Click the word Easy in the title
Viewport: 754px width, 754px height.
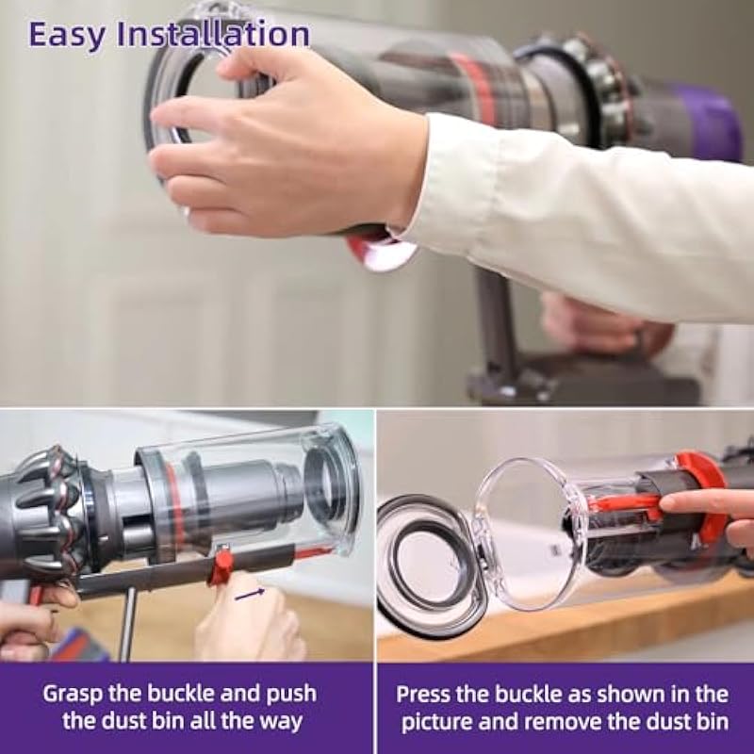pos(66,35)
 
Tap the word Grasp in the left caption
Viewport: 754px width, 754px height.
pos(73,695)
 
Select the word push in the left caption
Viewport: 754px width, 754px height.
pos(292,695)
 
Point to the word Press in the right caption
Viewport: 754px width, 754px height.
pos(422,695)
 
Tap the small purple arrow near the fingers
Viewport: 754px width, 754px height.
pos(250,595)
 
